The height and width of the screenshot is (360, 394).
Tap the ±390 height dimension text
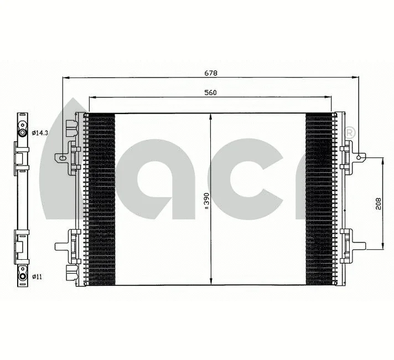tap(207, 200)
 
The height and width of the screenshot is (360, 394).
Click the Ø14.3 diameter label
tap(40, 133)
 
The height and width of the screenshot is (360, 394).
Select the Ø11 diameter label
tap(37, 275)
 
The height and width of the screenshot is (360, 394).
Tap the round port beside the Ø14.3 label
tap(22, 133)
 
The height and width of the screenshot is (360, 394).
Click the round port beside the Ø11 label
tap(22, 275)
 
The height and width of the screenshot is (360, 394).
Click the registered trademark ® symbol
tap(349, 133)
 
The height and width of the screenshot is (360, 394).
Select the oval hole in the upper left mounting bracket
tap(63, 158)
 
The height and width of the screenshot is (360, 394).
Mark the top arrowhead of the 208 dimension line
tap(382, 160)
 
